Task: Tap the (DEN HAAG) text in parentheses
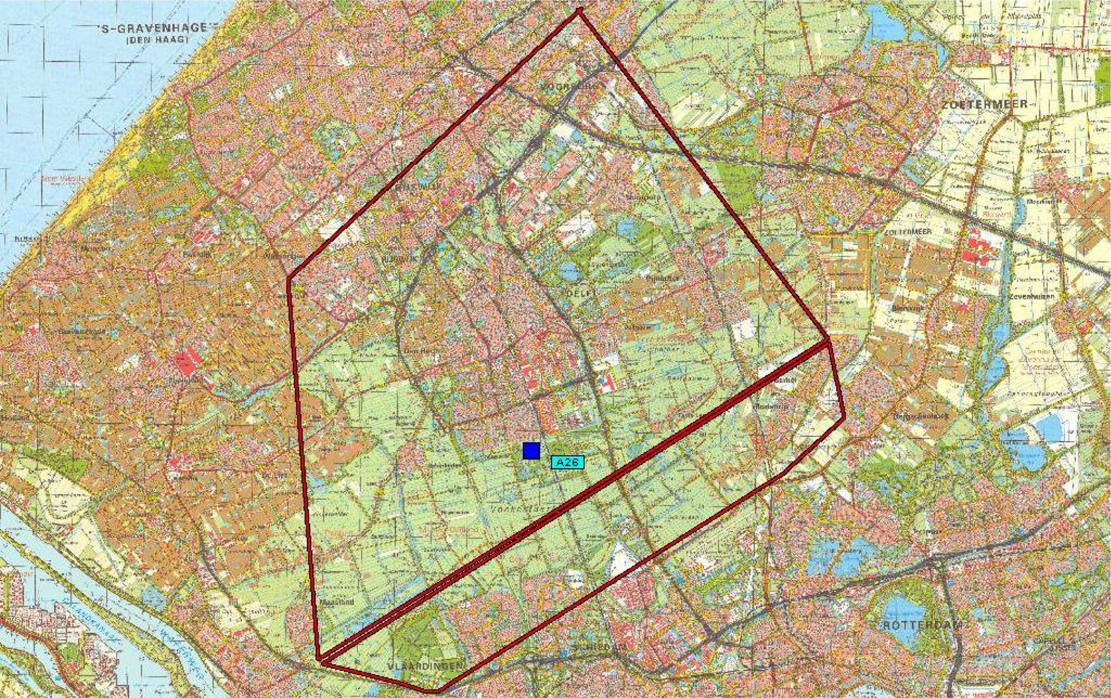157,40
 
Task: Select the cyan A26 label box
567,463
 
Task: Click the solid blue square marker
532,450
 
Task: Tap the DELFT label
582,293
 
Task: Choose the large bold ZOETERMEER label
984,104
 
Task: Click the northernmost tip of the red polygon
580,10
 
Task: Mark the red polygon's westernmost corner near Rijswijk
289,279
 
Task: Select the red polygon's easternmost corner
844,417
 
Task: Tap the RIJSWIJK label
399,259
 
